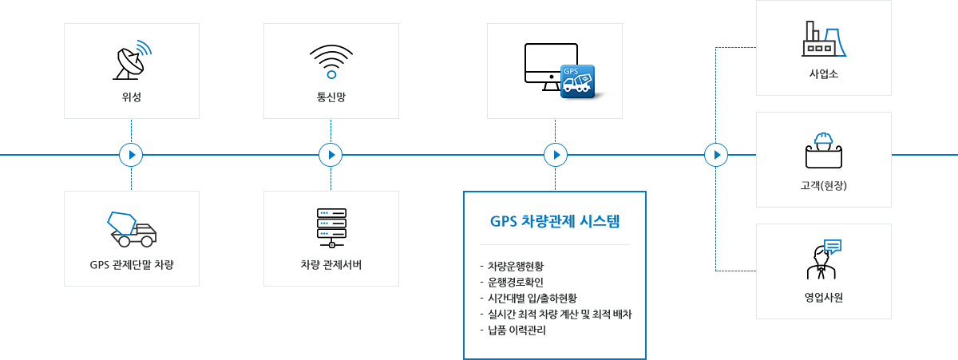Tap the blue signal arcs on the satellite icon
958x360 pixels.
pos(144,49)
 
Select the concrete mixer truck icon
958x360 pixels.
pos(132,230)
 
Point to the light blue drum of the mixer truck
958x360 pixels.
pos(122,223)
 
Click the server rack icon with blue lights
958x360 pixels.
pos(331,228)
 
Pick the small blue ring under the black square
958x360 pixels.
pos(332,75)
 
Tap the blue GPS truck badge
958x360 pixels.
pos(577,81)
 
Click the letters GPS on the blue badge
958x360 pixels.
pos(572,71)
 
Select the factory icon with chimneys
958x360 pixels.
pos(823,38)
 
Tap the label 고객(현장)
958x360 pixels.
pos(823,187)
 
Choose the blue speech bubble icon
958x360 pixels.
pos(833,246)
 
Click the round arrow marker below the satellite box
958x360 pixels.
pos(131,155)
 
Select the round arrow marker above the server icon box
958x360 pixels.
pos(331,155)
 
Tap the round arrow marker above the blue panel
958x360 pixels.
pos(556,155)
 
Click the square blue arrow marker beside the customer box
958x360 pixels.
pos(715,155)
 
